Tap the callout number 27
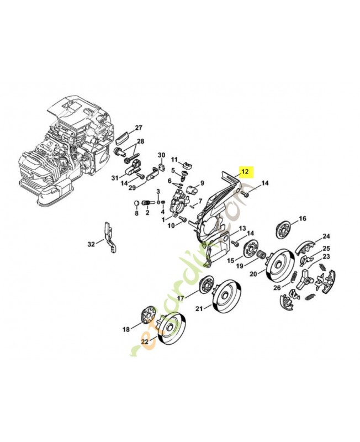(138, 128)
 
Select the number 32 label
(91, 243)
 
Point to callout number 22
(145, 342)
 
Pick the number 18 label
(126, 329)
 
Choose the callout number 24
(326, 236)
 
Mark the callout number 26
(277, 287)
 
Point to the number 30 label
(162, 155)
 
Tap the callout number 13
(242, 228)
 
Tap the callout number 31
(114, 177)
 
